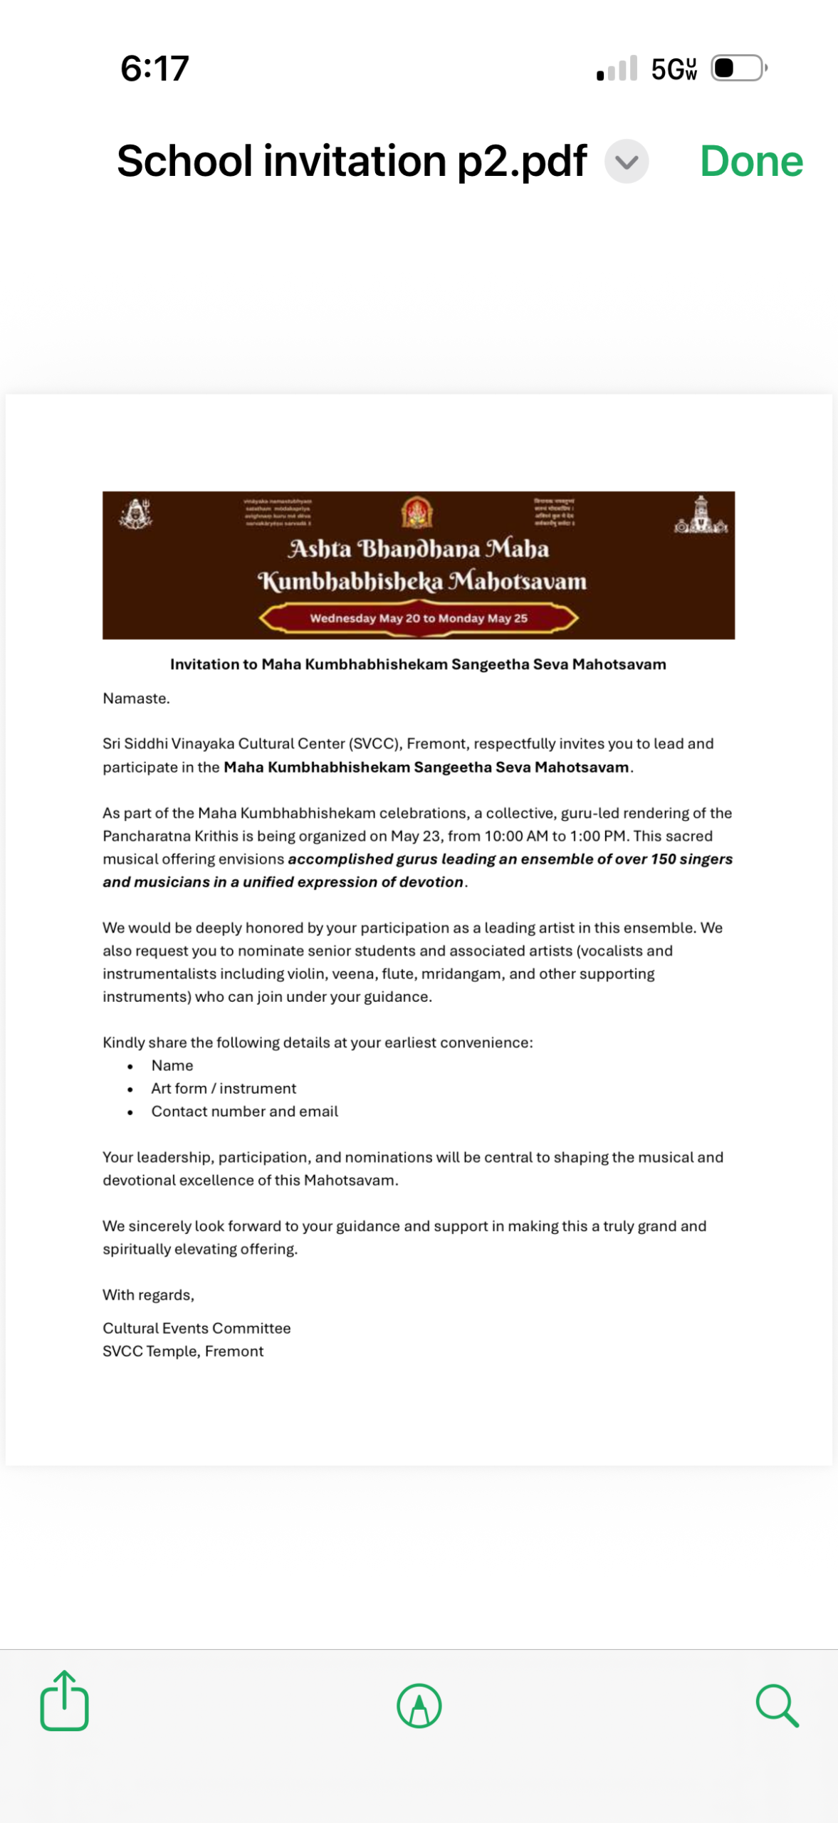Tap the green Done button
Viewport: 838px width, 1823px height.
pyautogui.click(x=751, y=162)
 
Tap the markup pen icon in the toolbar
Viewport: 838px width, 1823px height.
pyautogui.click(x=419, y=1706)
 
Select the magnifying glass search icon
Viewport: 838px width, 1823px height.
pyautogui.click(x=777, y=1706)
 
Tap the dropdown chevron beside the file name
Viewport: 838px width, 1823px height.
pyautogui.click(x=627, y=162)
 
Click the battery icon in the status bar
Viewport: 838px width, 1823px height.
pyautogui.click(x=738, y=68)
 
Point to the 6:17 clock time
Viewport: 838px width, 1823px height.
pyautogui.click(x=154, y=68)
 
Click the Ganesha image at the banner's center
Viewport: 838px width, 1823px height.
pyautogui.click(x=417, y=513)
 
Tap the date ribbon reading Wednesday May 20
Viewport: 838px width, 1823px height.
pyautogui.click(x=419, y=618)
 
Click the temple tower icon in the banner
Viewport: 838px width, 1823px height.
pyautogui.click(x=701, y=516)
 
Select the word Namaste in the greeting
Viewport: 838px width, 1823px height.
pyautogui.click(x=135, y=699)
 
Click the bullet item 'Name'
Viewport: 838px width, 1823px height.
pyautogui.click(x=172, y=1065)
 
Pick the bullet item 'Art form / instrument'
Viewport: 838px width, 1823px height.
pyautogui.click(x=224, y=1088)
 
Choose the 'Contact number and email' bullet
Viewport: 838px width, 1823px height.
pyautogui.click(x=244, y=1112)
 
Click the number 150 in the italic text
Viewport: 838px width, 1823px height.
pyautogui.click(x=663, y=859)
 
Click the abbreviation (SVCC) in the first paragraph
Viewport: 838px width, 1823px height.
pyautogui.click(x=375, y=743)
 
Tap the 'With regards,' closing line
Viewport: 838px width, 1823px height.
pyautogui.click(x=148, y=1295)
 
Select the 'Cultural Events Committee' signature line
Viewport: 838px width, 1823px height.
pyautogui.click(x=197, y=1328)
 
